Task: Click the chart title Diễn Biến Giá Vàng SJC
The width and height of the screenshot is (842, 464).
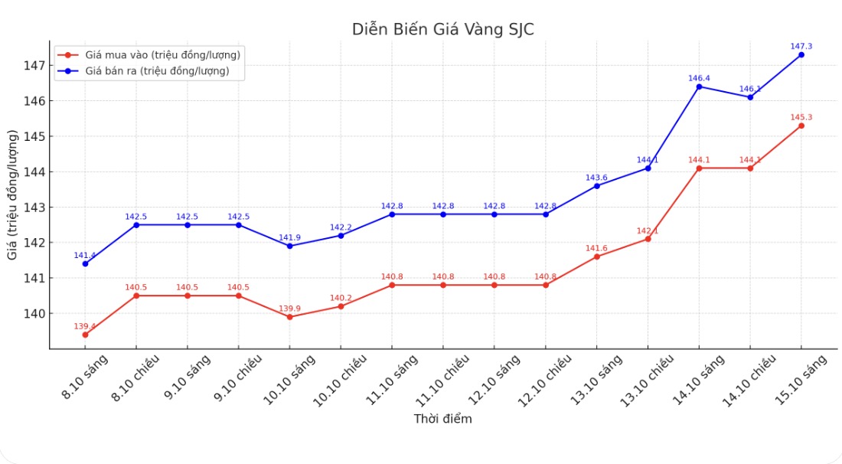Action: pyautogui.click(x=443, y=29)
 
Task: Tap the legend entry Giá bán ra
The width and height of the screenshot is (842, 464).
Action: pyautogui.click(x=157, y=71)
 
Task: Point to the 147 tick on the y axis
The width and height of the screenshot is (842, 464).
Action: pyautogui.click(x=34, y=65)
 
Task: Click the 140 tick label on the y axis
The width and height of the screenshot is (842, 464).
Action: pyautogui.click(x=34, y=313)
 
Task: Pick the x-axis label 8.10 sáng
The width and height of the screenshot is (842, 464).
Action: pyautogui.click(x=86, y=377)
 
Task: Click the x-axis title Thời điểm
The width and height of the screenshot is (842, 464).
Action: pyautogui.click(x=442, y=419)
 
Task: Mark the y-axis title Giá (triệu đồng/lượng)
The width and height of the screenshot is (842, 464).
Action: pyautogui.click(x=13, y=195)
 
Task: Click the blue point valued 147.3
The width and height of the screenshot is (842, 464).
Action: pyautogui.click(x=801, y=54)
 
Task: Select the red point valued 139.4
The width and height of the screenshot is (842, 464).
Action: pyautogui.click(x=85, y=335)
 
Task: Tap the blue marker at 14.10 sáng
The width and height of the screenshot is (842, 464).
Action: pyautogui.click(x=699, y=87)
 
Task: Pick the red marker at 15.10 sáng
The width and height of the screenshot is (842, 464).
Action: pyautogui.click(x=801, y=126)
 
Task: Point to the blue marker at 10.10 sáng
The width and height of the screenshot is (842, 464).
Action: pyautogui.click(x=289, y=246)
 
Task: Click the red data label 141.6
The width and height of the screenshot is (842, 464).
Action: pyautogui.click(x=596, y=247)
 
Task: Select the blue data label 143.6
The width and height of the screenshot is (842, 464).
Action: pyautogui.click(x=596, y=178)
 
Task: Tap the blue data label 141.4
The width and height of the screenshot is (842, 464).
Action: pyautogui.click(x=85, y=255)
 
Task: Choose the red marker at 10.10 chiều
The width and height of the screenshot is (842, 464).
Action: pyautogui.click(x=341, y=306)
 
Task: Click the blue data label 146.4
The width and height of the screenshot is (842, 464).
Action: pyautogui.click(x=699, y=78)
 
